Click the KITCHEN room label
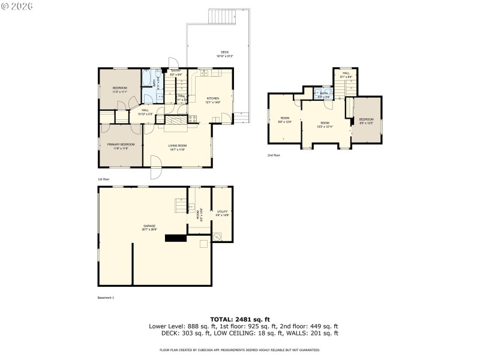tap(213, 100)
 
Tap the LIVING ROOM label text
tap(177, 148)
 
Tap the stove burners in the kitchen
tap(192, 119)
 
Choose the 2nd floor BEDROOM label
tap(366, 121)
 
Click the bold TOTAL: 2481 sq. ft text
tap(240, 319)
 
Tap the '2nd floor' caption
tap(275, 155)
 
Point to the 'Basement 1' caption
tap(106, 298)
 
